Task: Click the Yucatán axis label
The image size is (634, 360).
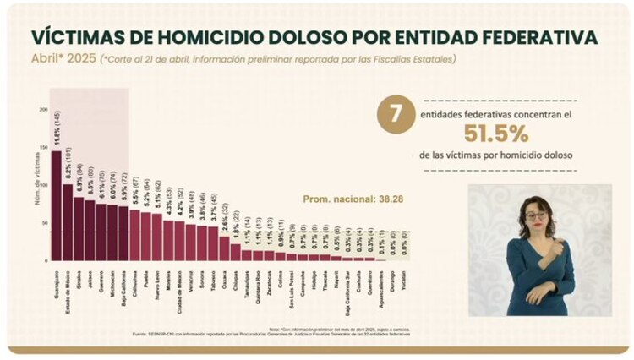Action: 404,274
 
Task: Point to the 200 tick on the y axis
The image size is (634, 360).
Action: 42,110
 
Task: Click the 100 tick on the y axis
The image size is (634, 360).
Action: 42,184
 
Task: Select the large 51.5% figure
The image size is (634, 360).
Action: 495,133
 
